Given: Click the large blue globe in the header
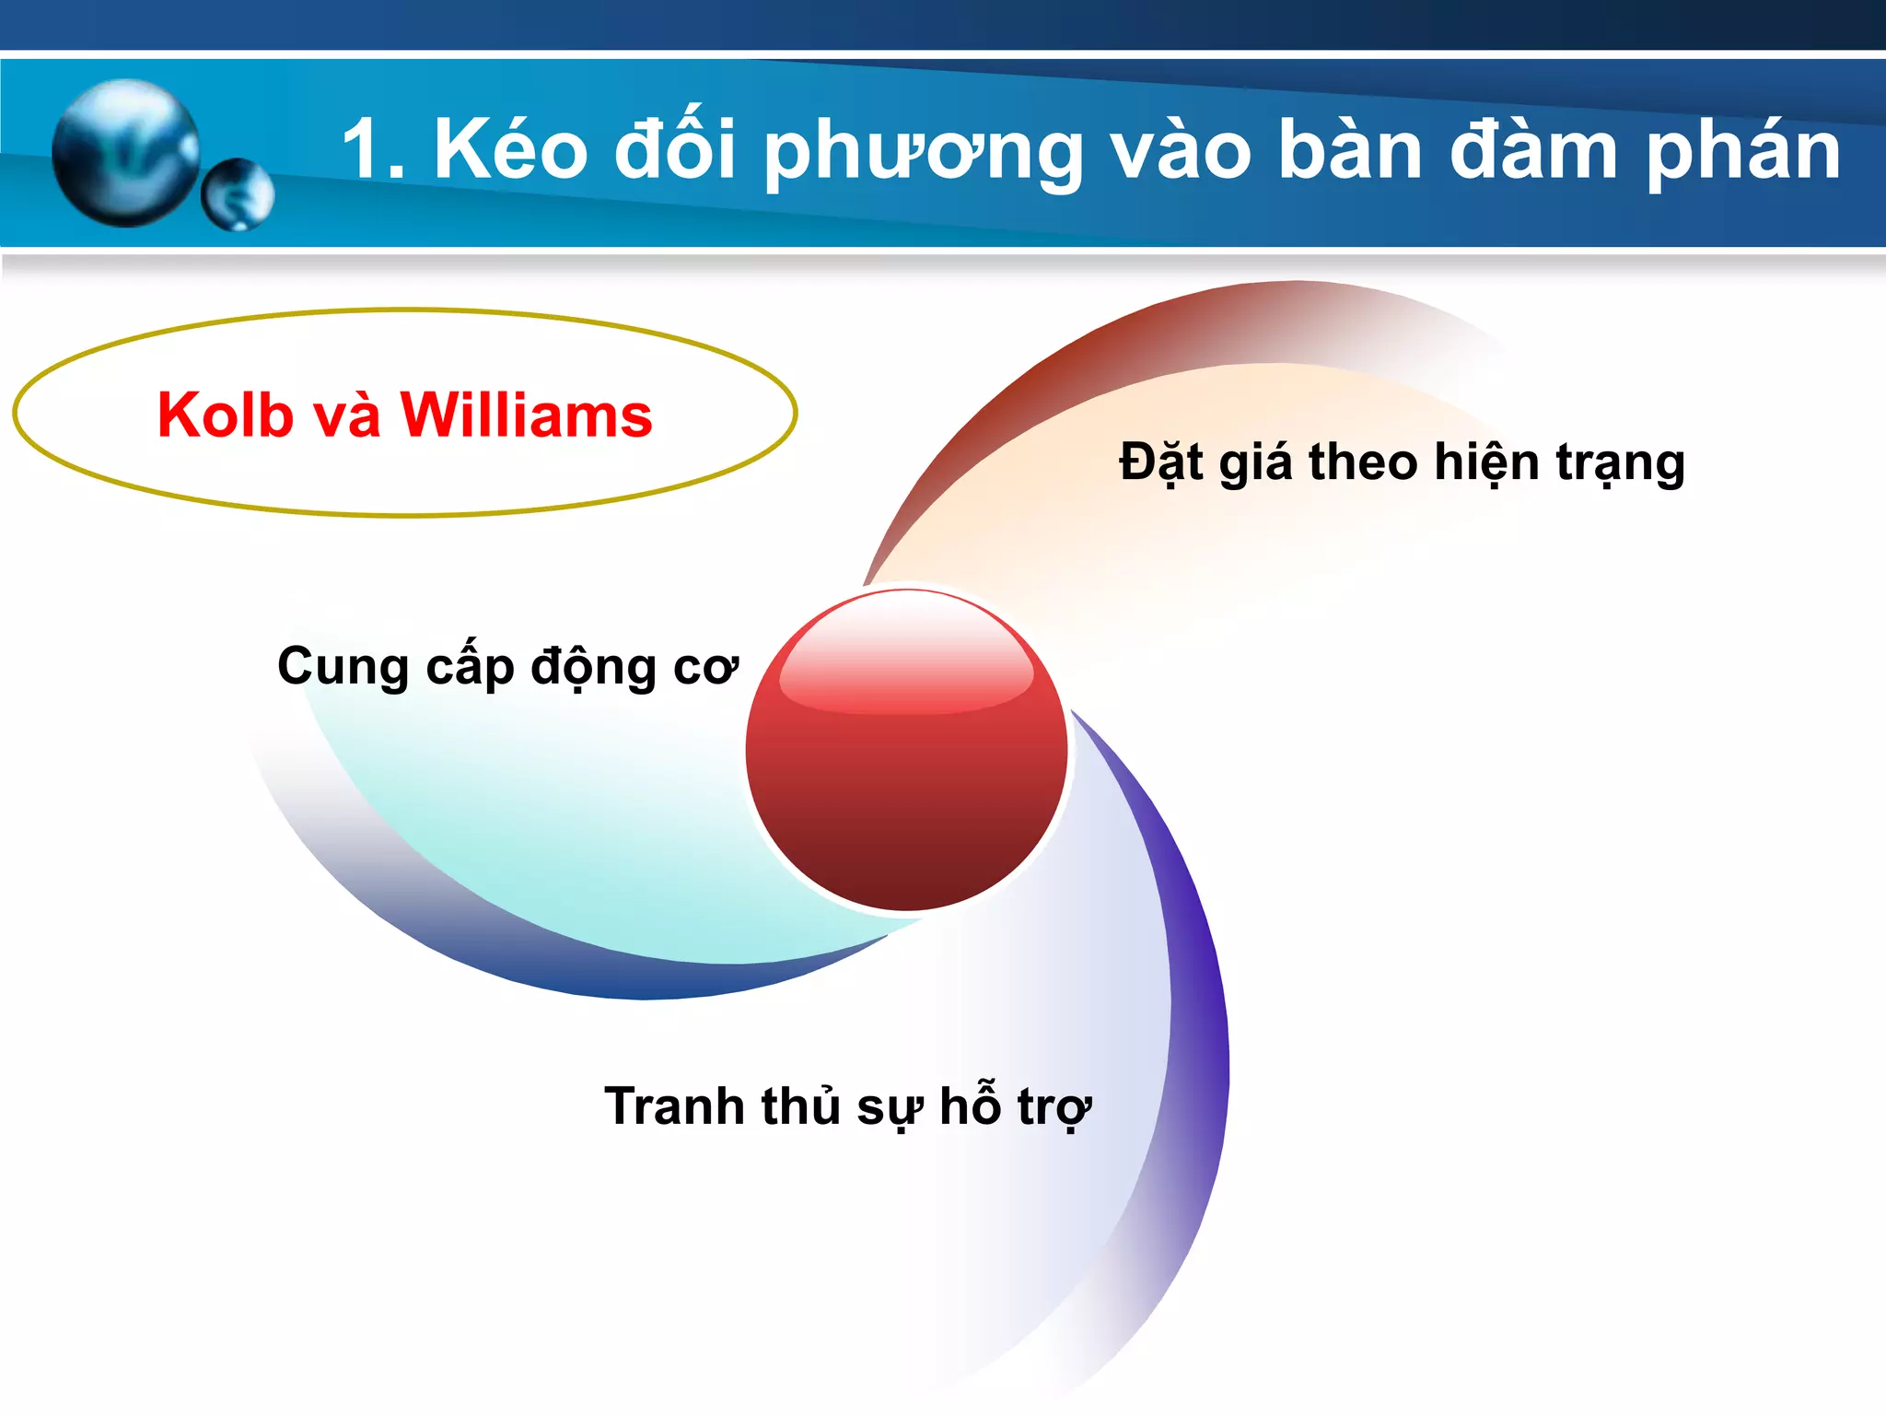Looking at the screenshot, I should click(x=126, y=153).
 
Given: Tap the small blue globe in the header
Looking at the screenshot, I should click(x=238, y=194).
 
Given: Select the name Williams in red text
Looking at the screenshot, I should click(x=526, y=415).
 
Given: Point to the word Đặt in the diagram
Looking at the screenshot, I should click(x=1161, y=462).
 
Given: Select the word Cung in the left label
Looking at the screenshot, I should click(x=343, y=668).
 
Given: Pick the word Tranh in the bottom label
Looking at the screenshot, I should click(x=674, y=1106).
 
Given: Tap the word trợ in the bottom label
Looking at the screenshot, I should click(x=1054, y=1108).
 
